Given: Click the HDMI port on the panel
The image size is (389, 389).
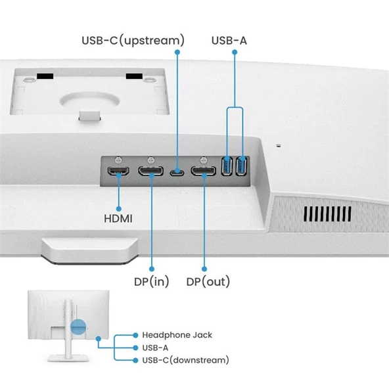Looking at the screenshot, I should [x=118, y=173].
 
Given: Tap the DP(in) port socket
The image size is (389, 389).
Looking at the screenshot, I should [x=151, y=172].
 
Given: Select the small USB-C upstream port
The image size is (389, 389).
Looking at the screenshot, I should [x=177, y=173].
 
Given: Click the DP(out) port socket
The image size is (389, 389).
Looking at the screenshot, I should [x=204, y=172].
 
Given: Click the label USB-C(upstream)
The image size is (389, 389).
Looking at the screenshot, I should [x=133, y=40].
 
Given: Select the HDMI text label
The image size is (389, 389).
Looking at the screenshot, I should [x=119, y=217].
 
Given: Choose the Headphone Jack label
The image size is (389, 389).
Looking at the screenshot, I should [x=177, y=335].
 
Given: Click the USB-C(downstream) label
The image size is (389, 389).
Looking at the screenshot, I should [x=185, y=360].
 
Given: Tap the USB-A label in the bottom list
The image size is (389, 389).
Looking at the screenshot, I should [x=155, y=348].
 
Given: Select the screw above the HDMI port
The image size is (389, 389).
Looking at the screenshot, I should [x=118, y=160].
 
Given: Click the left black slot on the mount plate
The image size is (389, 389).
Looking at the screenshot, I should [x=45, y=77].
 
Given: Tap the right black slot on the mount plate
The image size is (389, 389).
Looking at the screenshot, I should [x=134, y=77].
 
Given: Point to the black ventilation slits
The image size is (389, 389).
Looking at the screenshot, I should [x=329, y=215].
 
